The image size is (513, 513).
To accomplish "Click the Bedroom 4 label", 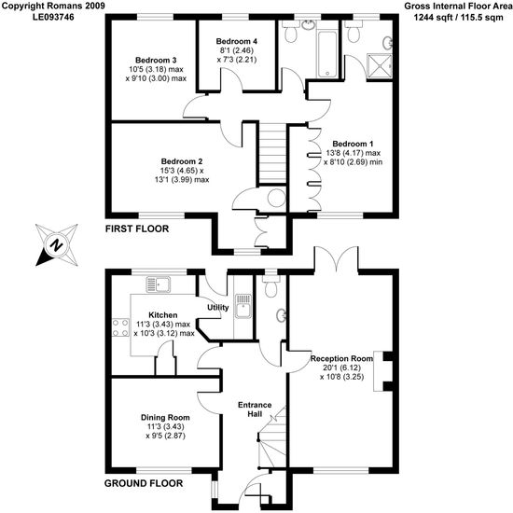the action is (236, 41).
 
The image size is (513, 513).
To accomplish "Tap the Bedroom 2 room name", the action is (182, 161).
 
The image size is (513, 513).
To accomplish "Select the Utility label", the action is (218, 308).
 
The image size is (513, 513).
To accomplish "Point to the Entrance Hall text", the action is (255, 409).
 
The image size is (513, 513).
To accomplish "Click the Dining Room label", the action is (165, 418).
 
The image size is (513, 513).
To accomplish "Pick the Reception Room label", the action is (341, 358).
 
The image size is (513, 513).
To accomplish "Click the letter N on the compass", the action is (57, 245).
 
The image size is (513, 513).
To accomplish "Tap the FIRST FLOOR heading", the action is (137, 229).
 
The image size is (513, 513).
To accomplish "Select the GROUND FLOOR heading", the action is (144, 483).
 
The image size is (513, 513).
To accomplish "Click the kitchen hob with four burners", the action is (121, 327).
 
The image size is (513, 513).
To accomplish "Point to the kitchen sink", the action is (159, 284).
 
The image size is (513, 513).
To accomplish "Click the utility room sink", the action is (243, 306).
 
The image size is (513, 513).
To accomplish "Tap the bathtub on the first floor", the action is (327, 54).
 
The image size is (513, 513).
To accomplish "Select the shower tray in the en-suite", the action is (380, 66).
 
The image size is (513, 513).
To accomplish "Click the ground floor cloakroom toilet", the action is (271, 286).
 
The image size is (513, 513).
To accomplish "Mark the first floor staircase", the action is (273, 154).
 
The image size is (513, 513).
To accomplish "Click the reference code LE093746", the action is (53, 17).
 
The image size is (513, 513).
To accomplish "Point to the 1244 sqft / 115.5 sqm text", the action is (458, 17).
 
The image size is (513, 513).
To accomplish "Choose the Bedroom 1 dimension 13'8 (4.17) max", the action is (353, 153).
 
